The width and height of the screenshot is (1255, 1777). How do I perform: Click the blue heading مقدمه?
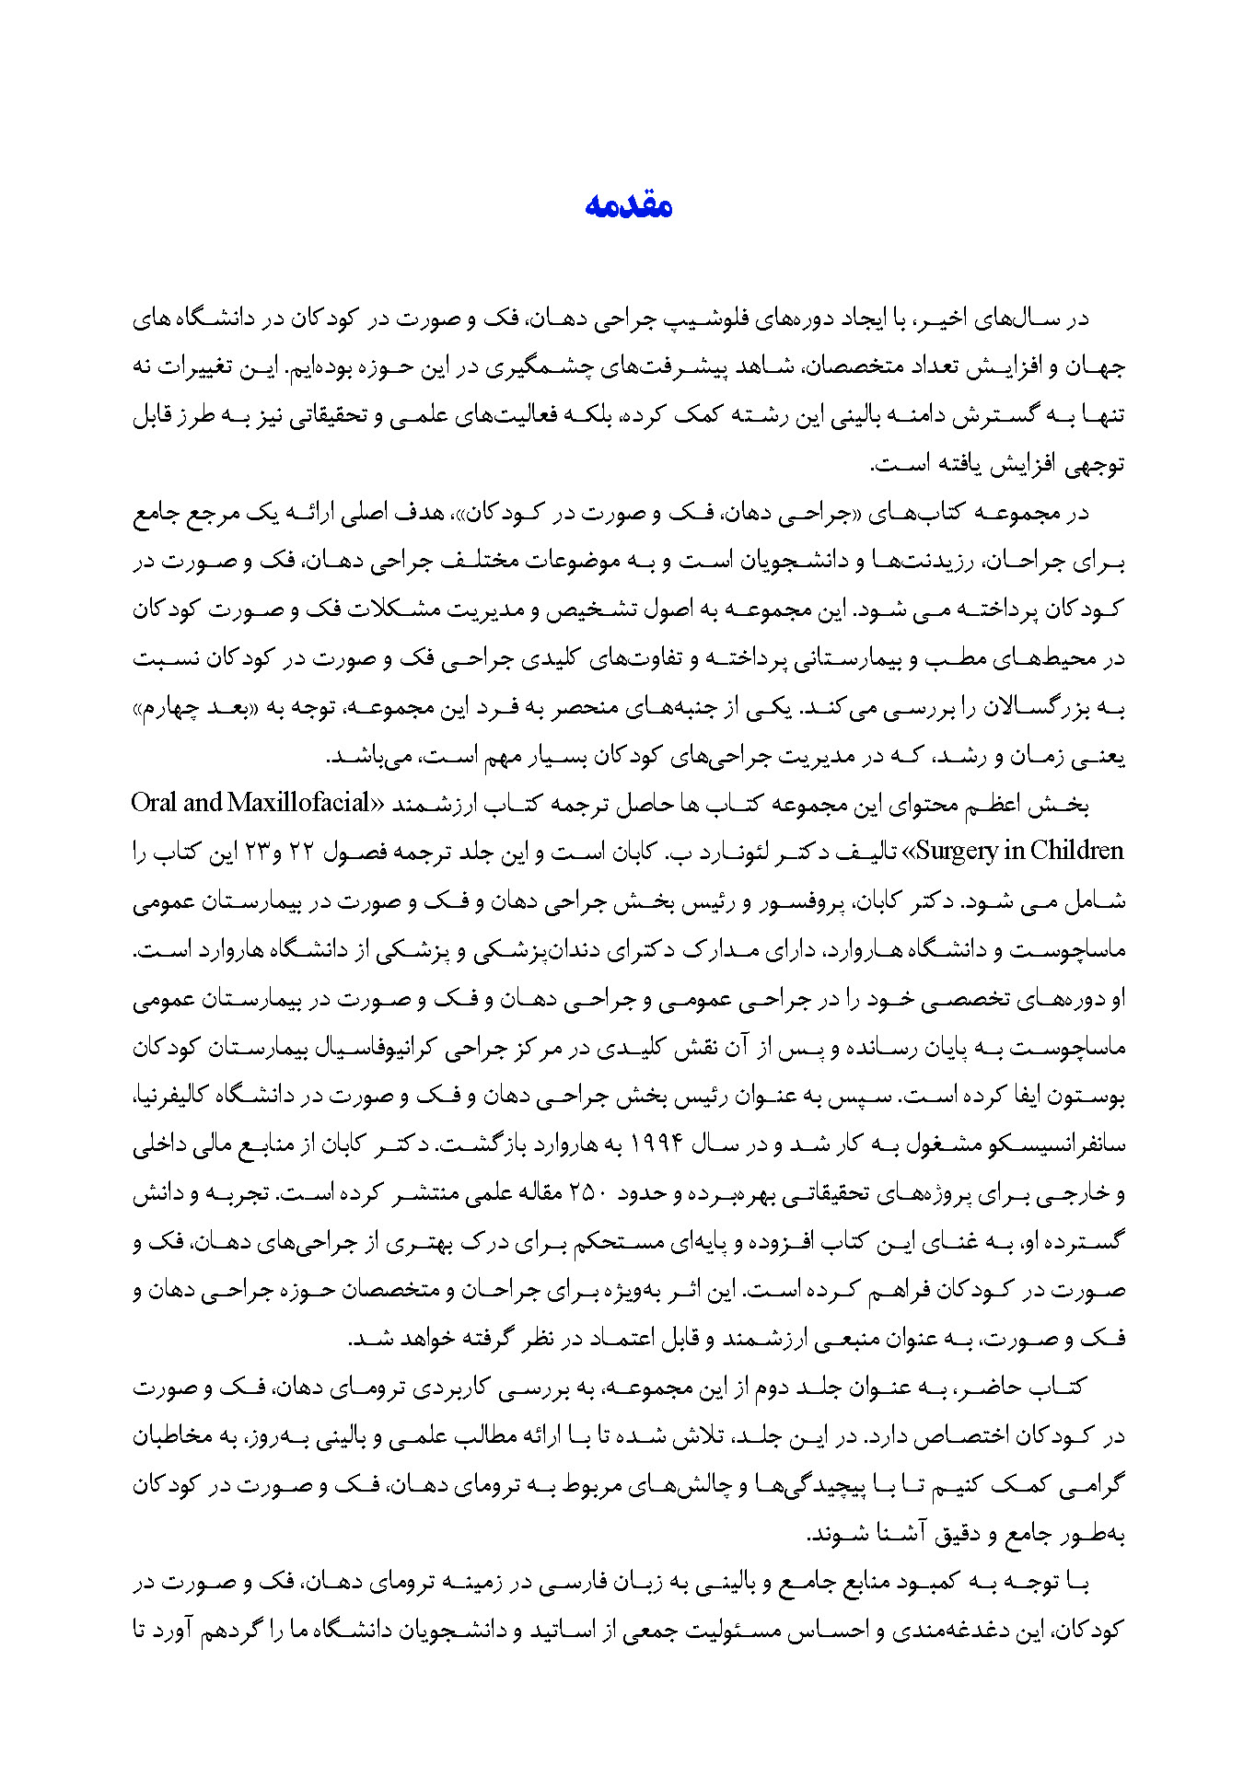[x=628, y=205]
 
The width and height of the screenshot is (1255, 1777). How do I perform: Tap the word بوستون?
[x=1092, y=1097]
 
